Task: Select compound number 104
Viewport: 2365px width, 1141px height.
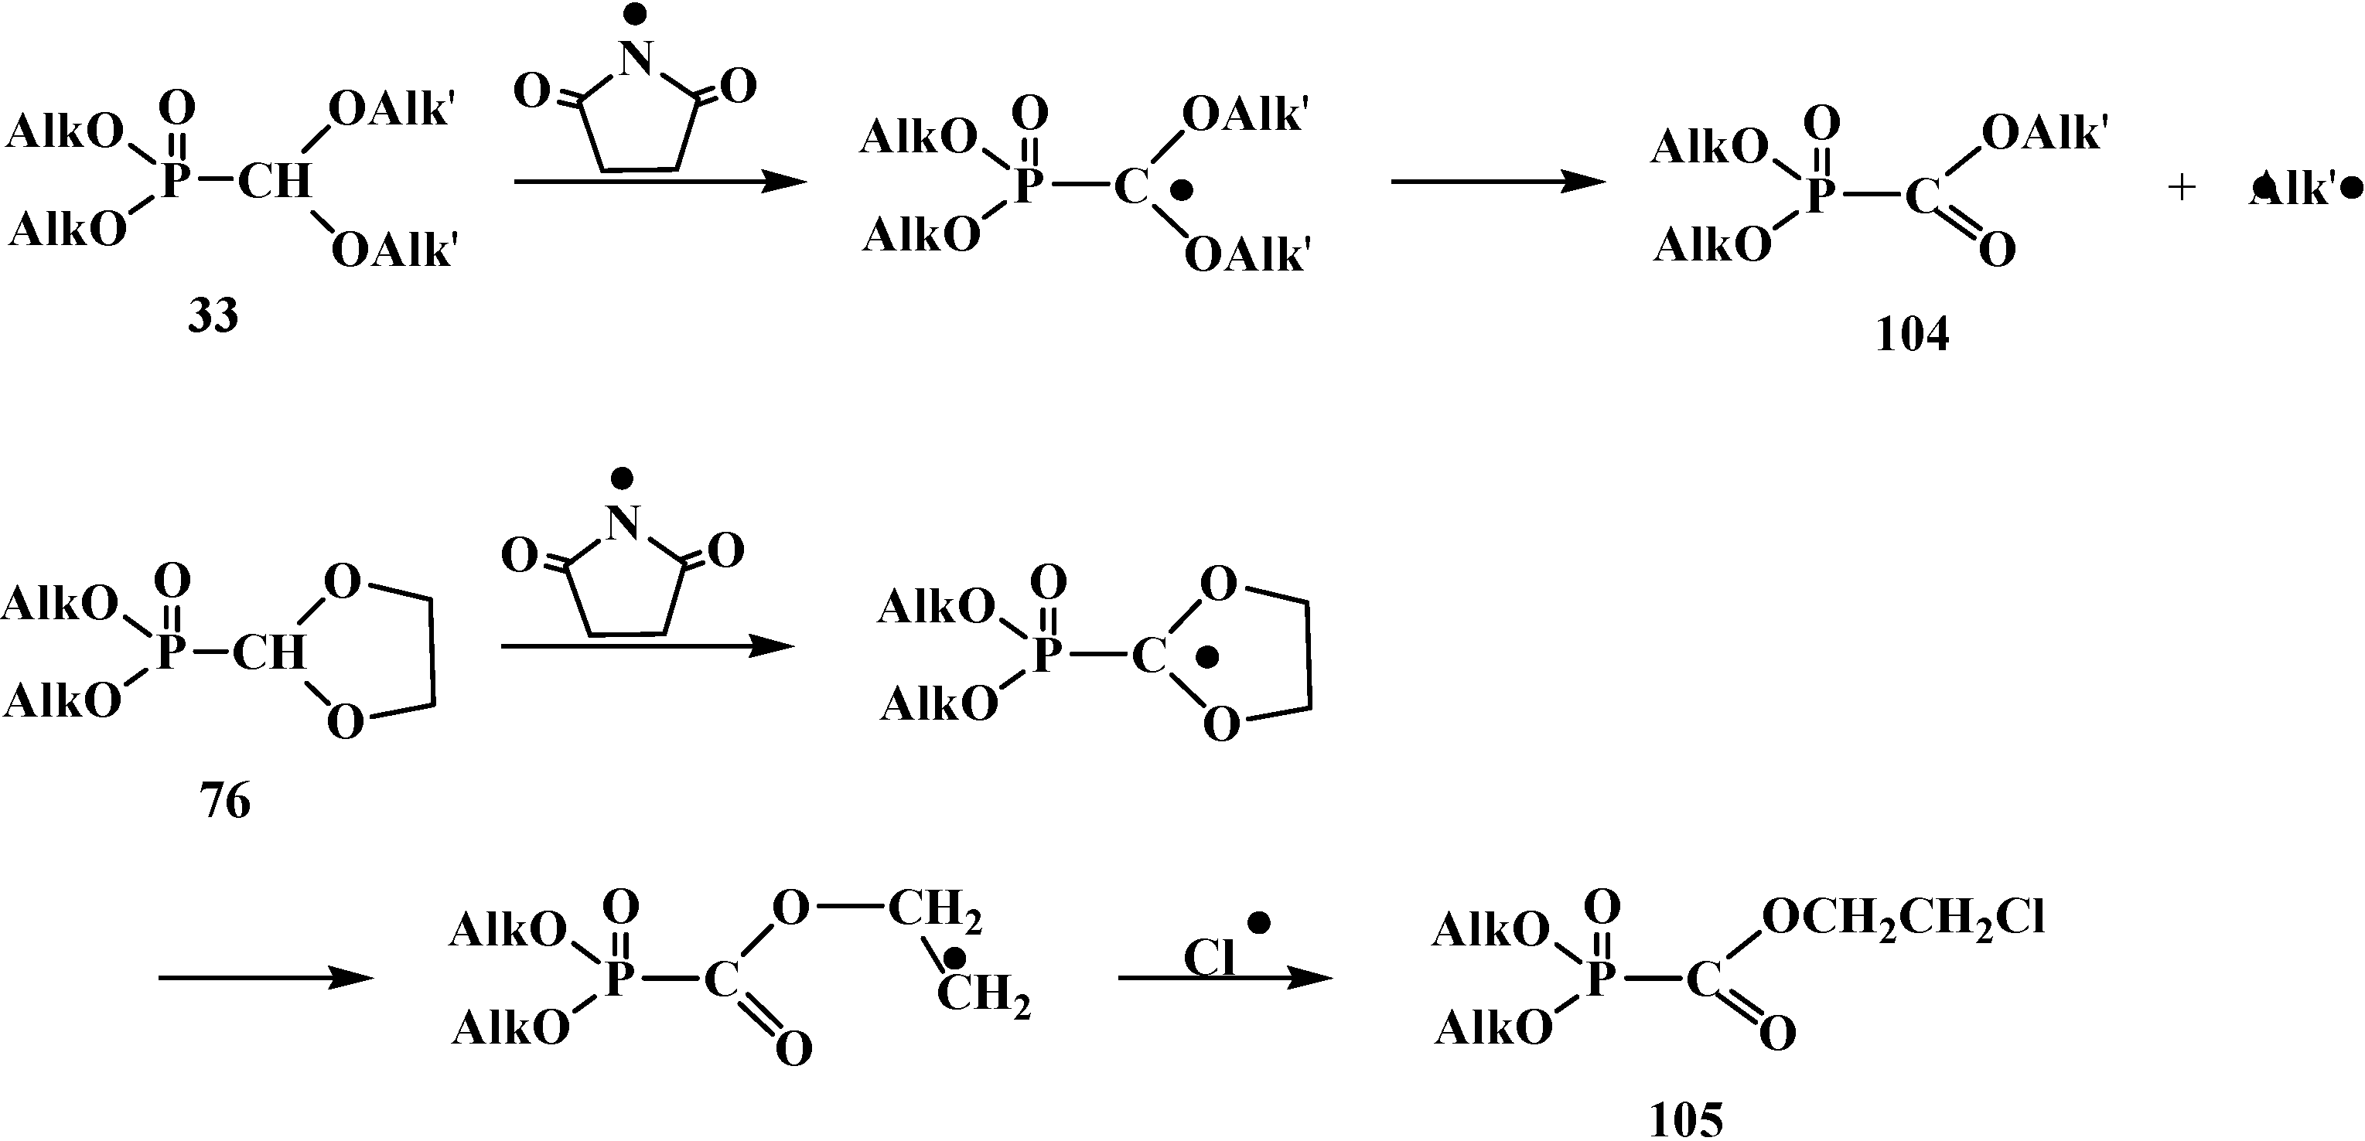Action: [1912, 335]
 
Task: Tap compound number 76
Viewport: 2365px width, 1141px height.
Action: [225, 802]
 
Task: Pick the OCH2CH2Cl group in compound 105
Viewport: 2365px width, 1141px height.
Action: [1903, 917]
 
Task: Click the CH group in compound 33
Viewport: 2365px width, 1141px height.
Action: [274, 181]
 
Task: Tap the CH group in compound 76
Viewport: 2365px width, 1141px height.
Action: [268, 652]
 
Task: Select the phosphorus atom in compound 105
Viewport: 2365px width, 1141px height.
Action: [1599, 979]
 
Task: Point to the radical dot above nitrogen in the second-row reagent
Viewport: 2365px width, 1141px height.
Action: [623, 476]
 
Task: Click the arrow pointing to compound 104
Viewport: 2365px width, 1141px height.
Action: [1496, 182]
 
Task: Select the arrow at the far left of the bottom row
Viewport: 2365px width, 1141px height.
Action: [266, 978]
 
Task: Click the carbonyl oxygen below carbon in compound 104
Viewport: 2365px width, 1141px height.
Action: [1997, 249]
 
